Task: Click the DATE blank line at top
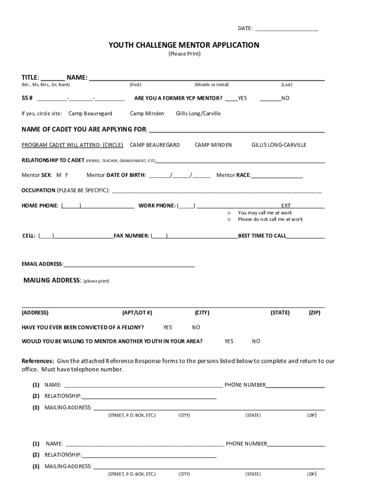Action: [286, 30]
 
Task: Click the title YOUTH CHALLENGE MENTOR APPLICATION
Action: [184, 45]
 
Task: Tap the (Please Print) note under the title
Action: [184, 54]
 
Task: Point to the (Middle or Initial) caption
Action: [212, 85]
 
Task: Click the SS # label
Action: [27, 98]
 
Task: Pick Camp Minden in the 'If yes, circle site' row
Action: [147, 114]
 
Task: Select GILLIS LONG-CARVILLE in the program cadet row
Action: [279, 145]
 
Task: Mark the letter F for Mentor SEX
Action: [67, 175]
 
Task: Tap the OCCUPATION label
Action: [38, 191]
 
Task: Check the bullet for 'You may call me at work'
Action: [229, 213]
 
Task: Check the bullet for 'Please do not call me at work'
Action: [229, 220]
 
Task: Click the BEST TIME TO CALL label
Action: [262, 236]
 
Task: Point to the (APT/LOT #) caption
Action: [137, 313]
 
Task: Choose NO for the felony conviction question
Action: [196, 328]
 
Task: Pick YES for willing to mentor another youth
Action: [229, 341]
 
